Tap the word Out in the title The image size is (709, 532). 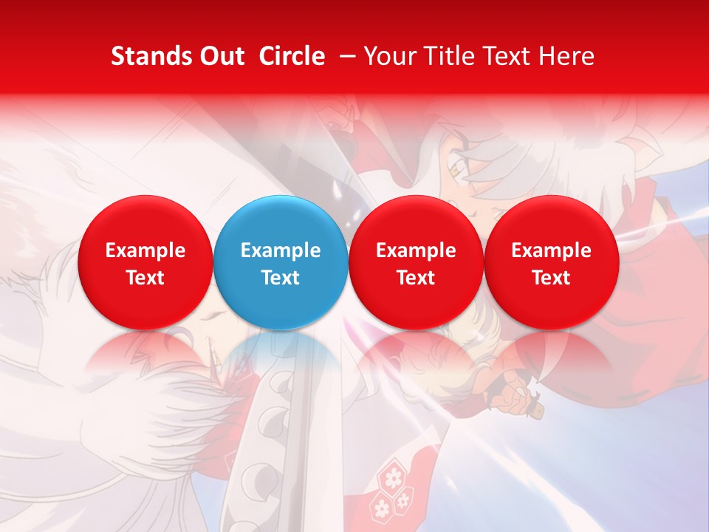click(x=222, y=56)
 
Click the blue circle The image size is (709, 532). click(x=281, y=262)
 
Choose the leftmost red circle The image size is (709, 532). click(x=145, y=262)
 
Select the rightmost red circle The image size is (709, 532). click(x=551, y=262)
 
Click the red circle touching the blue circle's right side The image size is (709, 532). click(x=416, y=262)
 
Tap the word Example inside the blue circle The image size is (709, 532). click(x=281, y=250)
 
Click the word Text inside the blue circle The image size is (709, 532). click(x=281, y=278)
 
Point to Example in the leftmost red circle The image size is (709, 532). click(x=145, y=250)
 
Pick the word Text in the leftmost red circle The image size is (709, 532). click(x=145, y=278)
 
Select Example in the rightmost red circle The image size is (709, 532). click(x=551, y=250)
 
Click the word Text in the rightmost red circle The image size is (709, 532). click(x=551, y=278)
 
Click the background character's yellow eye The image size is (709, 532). click(x=460, y=171)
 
